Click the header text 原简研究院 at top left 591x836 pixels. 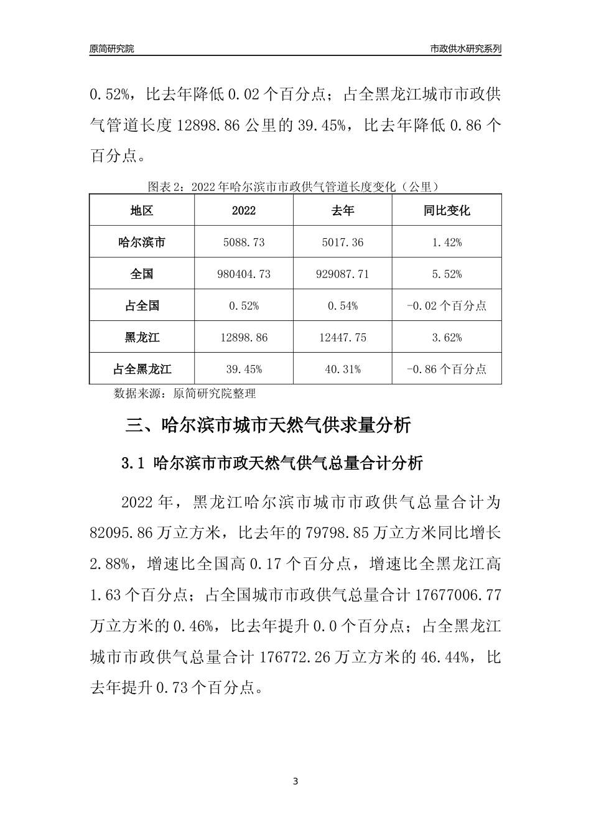pyautogui.click(x=111, y=49)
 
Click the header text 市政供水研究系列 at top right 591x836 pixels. pyautogui.click(x=465, y=49)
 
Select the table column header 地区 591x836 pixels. pyautogui.click(x=142, y=210)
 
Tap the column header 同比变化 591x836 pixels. pyautogui.click(x=447, y=210)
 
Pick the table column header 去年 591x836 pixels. pyautogui.click(x=343, y=210)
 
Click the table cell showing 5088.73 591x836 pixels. pyautogui.click(x=244, y=242)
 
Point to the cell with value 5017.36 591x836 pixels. pyautogui.click(x=343, y=242)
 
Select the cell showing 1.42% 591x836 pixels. pyautogui.click(x=447, y=242)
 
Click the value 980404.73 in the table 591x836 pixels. pyautogui.click(x=244, y=274)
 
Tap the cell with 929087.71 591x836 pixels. pyautogui.click(x=343, y=274)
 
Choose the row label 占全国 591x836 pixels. pyautogui.click(x=142, y=305)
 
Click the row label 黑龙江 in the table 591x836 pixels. pyautogui.click(x=142, y=337)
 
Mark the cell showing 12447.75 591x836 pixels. pyautogui.click(x=343, y=337)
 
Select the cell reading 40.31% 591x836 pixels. pyautogui.click(x=343, y=369)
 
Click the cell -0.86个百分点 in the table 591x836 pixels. pyautogui.click(x=447, y=369)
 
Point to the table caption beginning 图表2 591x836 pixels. pyautogui.click(x=294, y=186)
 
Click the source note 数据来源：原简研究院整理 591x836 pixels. pyautogui.click(x=185, y=393)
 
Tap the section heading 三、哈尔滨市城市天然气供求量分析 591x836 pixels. pyautogui.click(x=268, y=425)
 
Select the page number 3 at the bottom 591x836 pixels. pyautogui.click(x=295, y=781)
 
